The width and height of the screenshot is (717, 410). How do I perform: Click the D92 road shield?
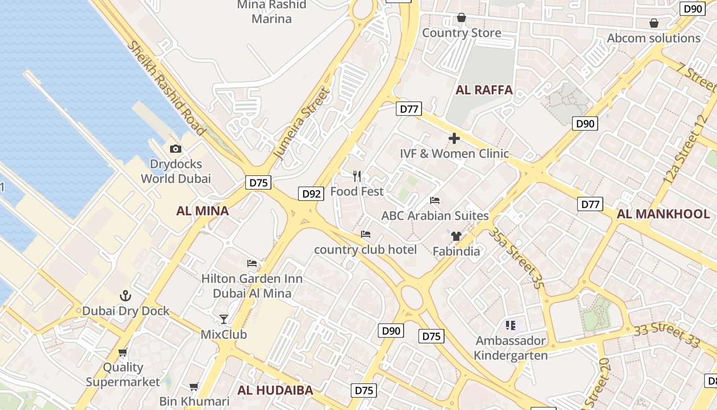pos(311,194)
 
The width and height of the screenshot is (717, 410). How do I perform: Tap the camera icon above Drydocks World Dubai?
pos(176,149)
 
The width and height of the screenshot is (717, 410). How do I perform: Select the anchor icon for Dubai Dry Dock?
pos(125,296)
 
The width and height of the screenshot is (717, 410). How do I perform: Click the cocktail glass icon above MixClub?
pos(224,319)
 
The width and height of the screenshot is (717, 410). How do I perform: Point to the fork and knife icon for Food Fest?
pos(357,176)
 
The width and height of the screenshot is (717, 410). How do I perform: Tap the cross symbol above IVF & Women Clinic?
pos(454,138)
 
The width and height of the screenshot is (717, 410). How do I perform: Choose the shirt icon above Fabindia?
pos(456,236)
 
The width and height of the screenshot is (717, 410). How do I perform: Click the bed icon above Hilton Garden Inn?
pos(252,263)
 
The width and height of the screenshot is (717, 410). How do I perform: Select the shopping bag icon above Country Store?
pos(461,18)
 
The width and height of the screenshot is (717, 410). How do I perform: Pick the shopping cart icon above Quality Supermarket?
pos(123,353)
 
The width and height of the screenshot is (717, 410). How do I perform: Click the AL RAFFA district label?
pos(484,90)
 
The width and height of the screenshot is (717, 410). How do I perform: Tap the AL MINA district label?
pos(202,211)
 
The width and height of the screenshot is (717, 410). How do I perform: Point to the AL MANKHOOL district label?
pos(663,214)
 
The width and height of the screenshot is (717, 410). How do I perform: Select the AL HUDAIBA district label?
pos(275,390)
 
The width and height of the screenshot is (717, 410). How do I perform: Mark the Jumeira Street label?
pos(301,123)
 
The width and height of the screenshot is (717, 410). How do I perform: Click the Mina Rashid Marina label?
pos(271,12)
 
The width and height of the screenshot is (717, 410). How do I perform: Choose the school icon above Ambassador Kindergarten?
pos(510,325)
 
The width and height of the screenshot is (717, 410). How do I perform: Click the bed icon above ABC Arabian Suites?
pos(435,200)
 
